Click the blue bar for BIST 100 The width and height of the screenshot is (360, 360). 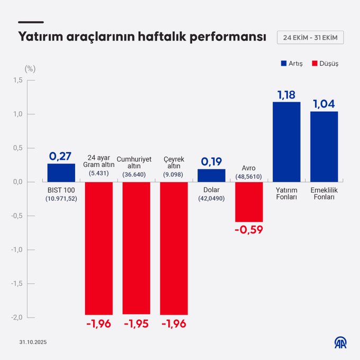click(x=61, y=173)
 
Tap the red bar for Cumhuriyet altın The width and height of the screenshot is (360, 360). click(x=136, y=248)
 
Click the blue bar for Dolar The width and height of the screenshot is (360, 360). click(x=211, y=175)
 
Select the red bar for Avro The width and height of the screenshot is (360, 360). click(x=249, y=202)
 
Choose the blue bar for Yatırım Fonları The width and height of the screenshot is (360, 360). click(x=286, y=142)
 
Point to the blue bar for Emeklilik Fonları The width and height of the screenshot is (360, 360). click(x=324, y=147)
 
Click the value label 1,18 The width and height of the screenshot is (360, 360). click(x=286, y=95)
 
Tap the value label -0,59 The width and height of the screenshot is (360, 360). click(x=249, y=230)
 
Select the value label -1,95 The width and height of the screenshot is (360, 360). click(x=136, y=323)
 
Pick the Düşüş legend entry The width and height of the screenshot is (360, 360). click(x=325, y=63)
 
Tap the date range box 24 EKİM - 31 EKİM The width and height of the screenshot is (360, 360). click(x=310, y=38)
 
